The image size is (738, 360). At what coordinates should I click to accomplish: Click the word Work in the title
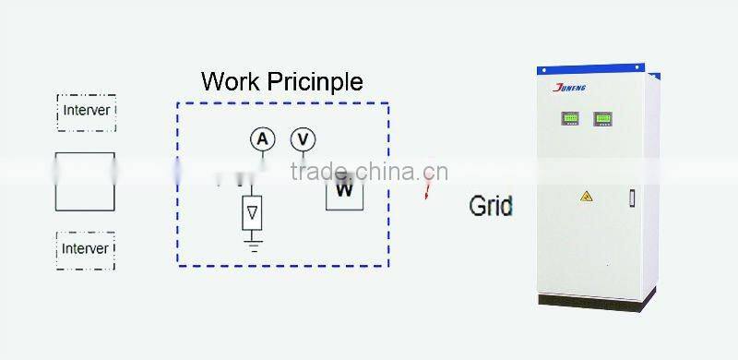[231, 81]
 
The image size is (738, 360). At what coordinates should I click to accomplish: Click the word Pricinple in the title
[315, 82]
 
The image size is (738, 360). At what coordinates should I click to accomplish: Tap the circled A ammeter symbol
[263, 139]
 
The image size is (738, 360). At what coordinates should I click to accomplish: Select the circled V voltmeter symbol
[303, 139]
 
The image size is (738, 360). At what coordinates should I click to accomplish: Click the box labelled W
[344, 190]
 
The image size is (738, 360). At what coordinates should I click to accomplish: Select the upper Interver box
[86, 111]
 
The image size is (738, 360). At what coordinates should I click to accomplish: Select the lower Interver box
[86, 248]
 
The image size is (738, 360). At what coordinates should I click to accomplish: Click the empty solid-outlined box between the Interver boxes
[86, 182]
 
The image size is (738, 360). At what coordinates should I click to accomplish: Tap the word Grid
[491, 205]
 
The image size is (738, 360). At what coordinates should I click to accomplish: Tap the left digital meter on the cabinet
[571, 119]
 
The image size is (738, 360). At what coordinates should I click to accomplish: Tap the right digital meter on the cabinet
[603, 119]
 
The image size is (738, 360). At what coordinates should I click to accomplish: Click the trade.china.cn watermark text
[369, 171]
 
